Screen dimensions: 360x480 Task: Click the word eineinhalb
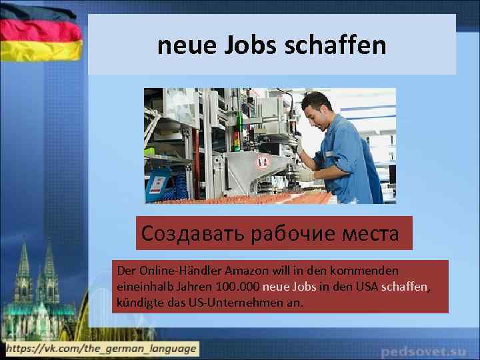click(x=142, y=287)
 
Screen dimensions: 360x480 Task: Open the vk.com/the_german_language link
click(x=99, y=348)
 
